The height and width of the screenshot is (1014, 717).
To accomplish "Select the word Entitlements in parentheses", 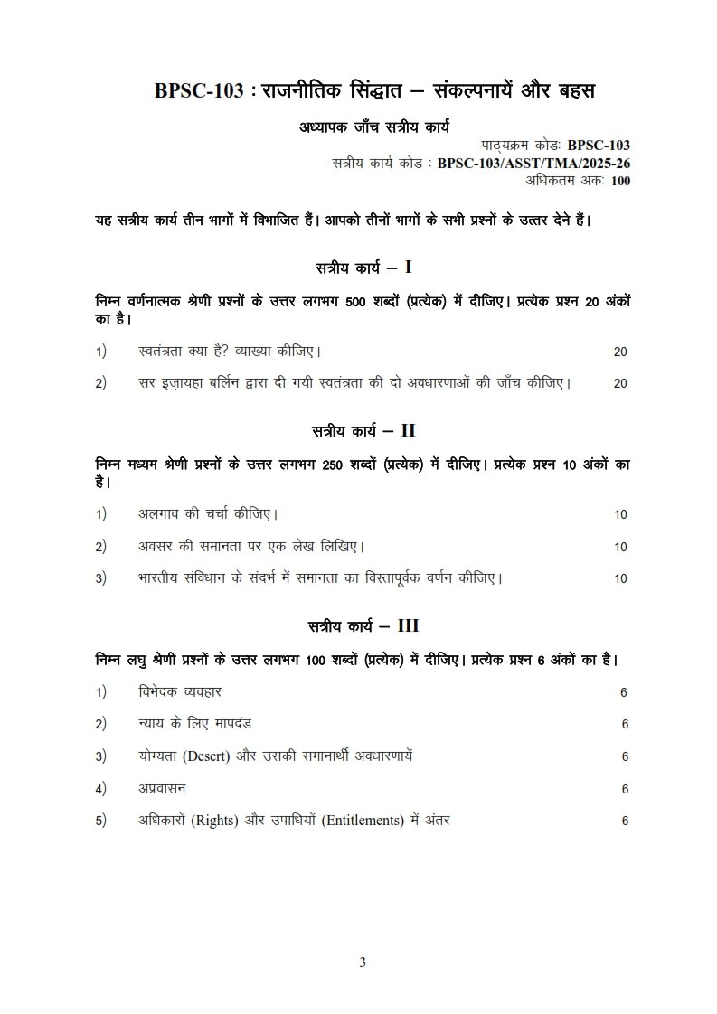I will tap(358, 821).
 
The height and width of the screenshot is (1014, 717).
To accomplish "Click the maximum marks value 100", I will tap(620, 181).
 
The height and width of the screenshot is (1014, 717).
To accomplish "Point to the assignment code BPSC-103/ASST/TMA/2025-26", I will tap(533, 164).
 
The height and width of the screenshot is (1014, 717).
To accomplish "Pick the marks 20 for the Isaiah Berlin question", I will tap(620, 383).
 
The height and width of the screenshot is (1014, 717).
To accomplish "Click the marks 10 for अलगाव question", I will tap(620, 515).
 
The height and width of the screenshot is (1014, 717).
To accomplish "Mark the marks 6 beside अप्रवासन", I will tap(625, 789).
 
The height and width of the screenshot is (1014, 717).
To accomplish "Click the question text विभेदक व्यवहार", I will tap(180, 691).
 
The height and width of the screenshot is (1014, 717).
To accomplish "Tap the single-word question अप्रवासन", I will tap(163, 788).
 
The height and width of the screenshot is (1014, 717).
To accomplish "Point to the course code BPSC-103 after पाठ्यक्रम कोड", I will tap(599, 146).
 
